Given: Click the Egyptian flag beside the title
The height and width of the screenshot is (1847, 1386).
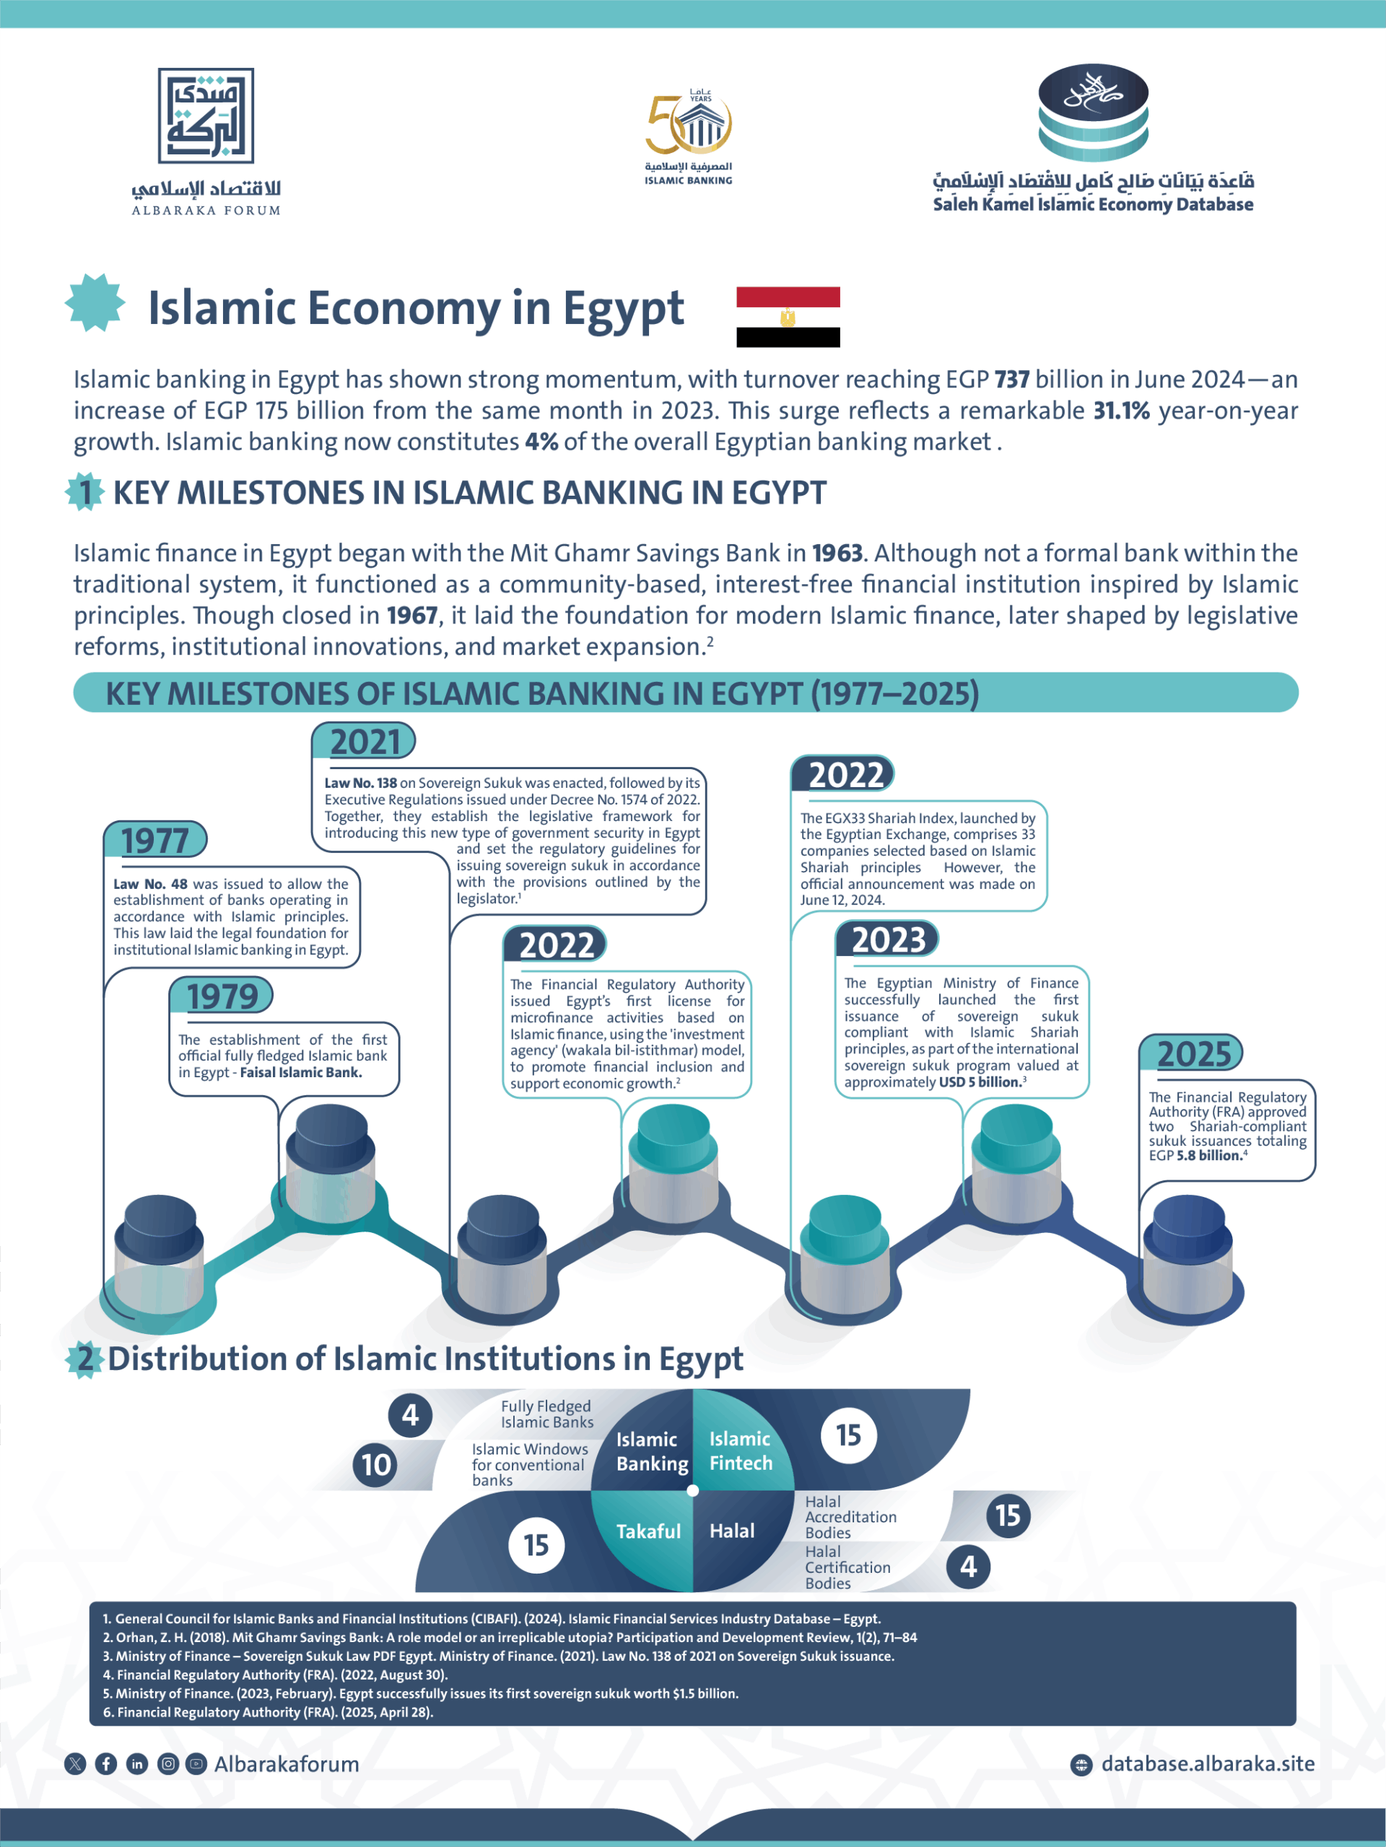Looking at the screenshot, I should click(x=788, y=317).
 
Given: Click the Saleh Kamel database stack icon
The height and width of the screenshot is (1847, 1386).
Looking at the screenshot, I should click(x=1093, y=112).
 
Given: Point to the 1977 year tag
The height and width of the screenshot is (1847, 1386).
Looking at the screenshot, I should click(x=155, y=840).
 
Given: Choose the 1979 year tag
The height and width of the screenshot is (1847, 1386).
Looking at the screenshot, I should click(x=222, y=996).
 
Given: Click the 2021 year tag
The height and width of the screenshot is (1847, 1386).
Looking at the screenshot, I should click(x=365, y=742).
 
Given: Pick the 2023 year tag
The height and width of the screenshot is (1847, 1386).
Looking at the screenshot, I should click(x=887, y=939).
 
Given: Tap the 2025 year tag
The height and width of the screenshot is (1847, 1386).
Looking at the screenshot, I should click(x=1193, y=1054).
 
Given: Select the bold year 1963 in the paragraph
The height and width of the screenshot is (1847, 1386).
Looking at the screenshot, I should click(x=837, y=553).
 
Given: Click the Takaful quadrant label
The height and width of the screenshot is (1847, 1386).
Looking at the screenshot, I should click(x=648, y=1530).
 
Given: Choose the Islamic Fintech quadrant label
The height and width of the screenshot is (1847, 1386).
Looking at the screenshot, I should click(x=740, y=1450).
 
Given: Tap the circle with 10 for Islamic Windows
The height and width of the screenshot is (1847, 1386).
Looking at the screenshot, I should click(x=376, y=1465).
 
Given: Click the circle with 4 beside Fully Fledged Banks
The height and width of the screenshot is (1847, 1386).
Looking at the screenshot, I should click(x=410, y=1416).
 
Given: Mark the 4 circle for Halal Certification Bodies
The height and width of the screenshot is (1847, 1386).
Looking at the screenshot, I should click(x=967, y=1566).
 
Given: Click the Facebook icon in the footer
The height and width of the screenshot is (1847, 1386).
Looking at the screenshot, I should click(x=106, y=1763).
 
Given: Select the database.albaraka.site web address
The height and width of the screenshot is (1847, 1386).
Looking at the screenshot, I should click(x=1207, y=1763).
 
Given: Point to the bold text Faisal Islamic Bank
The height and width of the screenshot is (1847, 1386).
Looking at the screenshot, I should click(x=301, y=1072).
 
